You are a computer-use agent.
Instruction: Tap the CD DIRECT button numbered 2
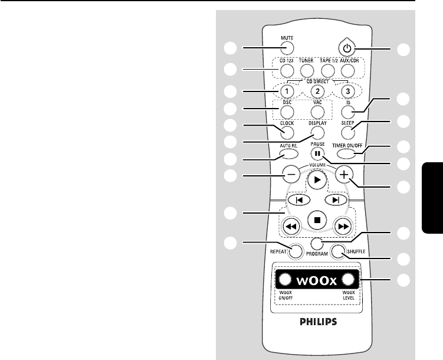point(317,91)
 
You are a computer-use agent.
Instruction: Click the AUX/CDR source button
point(347,71)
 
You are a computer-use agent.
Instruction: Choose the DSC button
point(287,112)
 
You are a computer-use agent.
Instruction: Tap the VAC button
point(317,112)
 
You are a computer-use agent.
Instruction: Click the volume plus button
point(343,174)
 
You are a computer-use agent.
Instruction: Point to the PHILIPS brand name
point(317,322)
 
